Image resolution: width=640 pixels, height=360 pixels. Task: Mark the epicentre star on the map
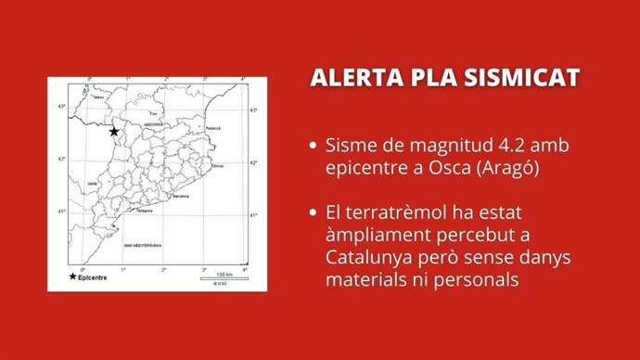(x=114, y=132)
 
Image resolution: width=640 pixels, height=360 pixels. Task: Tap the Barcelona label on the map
(x=181, y=197)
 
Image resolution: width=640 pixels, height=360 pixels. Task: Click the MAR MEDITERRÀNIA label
(x=142, y=246)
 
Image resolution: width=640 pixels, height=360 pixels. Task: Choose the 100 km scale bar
(x=223, y=276)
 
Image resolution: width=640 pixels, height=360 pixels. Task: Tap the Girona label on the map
(x=218, y=166)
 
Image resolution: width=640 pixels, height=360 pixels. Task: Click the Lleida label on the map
(x=92, y=184)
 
